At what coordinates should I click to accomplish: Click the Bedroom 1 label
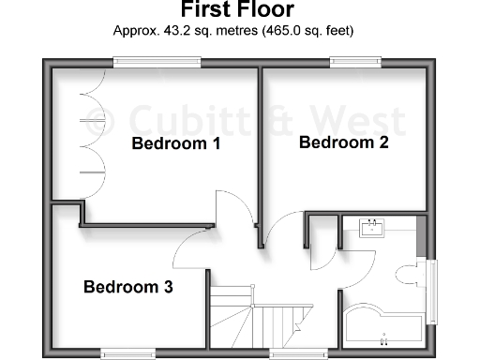(175, 144)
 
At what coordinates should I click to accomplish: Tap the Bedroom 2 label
(343, 142)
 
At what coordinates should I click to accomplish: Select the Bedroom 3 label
(128, 287)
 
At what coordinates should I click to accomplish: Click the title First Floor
(237, 10)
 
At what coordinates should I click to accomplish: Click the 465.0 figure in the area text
(278, 30)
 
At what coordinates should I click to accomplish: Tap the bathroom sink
(374, 228)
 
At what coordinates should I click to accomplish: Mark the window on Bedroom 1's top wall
(157, 62)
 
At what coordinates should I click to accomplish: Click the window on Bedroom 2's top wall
(349, 62)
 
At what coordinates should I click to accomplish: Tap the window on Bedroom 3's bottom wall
(128, 353)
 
